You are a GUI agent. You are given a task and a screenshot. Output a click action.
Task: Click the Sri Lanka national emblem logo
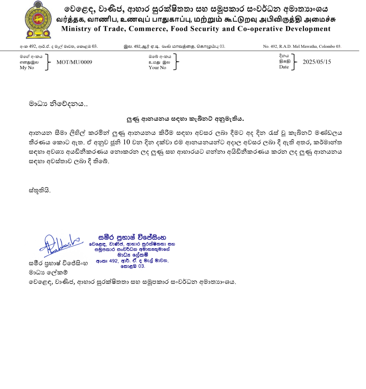38,19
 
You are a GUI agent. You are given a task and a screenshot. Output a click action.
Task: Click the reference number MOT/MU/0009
74,62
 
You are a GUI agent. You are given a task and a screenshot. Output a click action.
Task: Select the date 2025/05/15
317,62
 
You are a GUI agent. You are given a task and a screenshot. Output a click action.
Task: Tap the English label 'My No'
27,67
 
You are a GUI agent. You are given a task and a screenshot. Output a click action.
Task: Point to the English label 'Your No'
157,67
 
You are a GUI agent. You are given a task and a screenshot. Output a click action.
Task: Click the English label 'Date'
283,67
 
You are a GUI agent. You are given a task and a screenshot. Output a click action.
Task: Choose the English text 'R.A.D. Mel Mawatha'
299,46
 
